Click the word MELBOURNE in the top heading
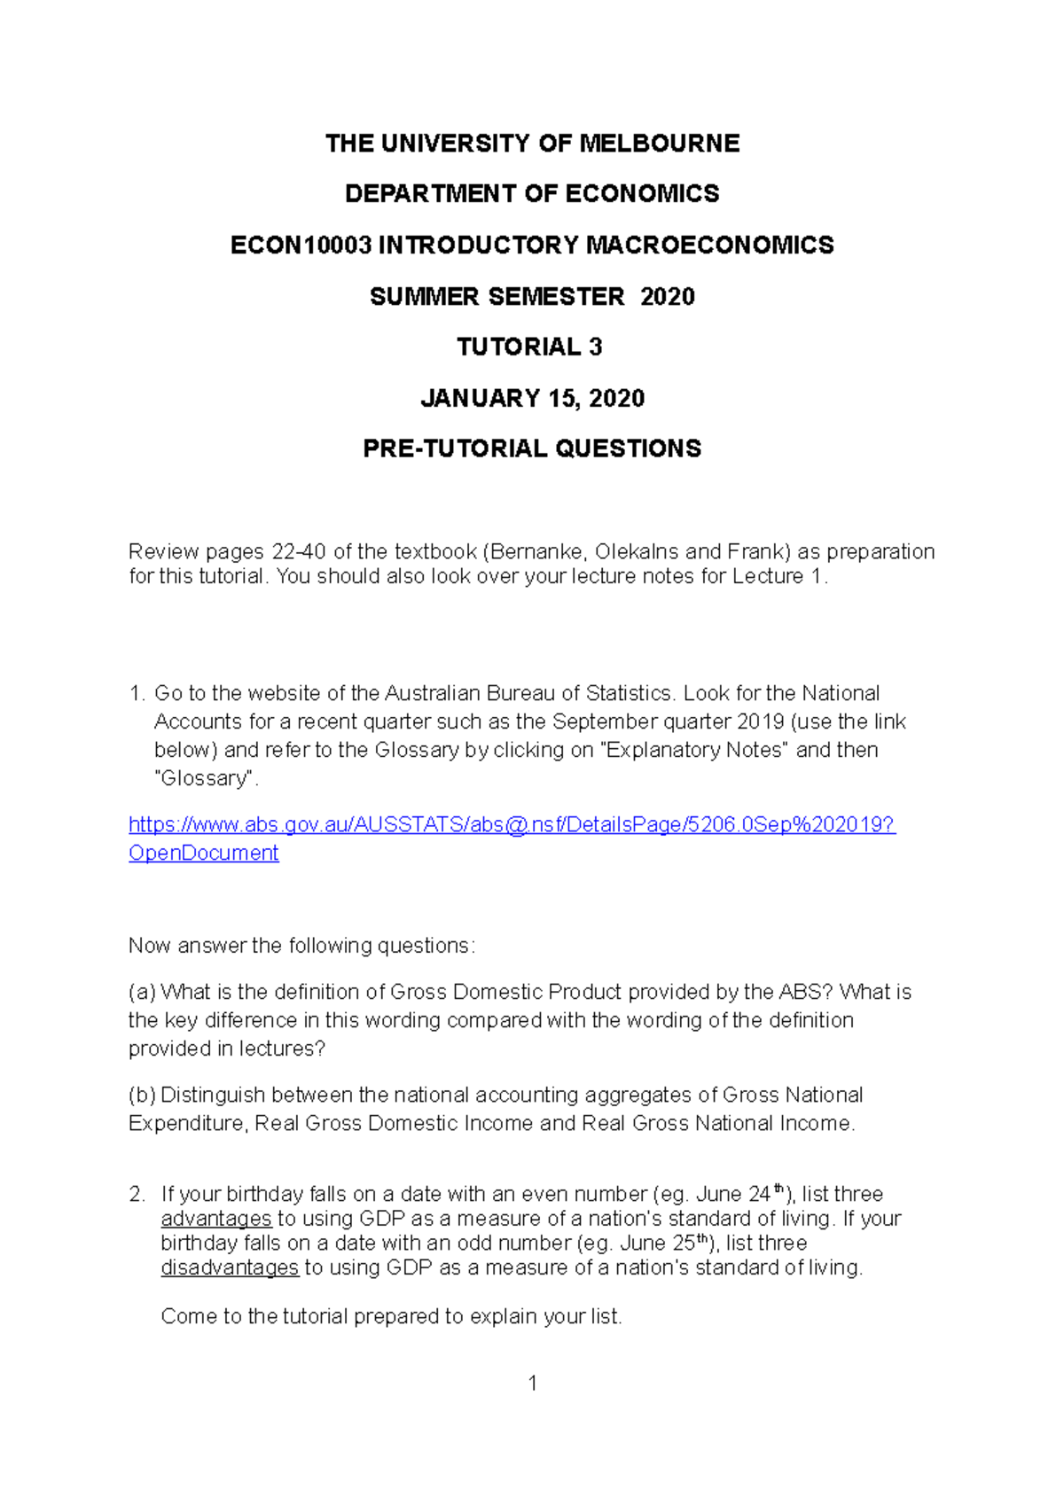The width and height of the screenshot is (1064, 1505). pyautogui.click(x=659, y=144)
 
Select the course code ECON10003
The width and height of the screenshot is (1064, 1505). pyautogui.click(x=301, y=246)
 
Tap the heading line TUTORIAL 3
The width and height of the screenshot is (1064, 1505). pyautogui.click(x=530, y=347)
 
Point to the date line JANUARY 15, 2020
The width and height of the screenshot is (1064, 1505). pyautogui.click(x=532, y=398)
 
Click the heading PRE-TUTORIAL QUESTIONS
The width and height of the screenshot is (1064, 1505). pyautogui.click(x=532, y=448)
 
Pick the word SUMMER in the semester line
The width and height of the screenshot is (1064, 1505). pyautogui.click(x=409, y=297)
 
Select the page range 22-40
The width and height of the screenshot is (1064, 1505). pyautogui.click(x=299, y=551)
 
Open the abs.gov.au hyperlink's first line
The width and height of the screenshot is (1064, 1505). pyautogui.click(x=512, y=824)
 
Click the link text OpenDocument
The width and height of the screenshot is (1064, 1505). pyautogui.click(x=203, y=853)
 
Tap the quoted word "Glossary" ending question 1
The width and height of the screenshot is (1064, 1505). pyautogui.click(x=206, y=778)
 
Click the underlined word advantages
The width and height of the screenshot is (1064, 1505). pyautogui.click(x=215, y=1219)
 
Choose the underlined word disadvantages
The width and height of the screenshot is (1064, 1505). pyautogui.click(x=230, y=1267)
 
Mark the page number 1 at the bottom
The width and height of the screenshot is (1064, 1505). pyautogui.click(x=533, y=1383)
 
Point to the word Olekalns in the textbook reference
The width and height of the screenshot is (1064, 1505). pyautogui.click(x=637, y=551)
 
